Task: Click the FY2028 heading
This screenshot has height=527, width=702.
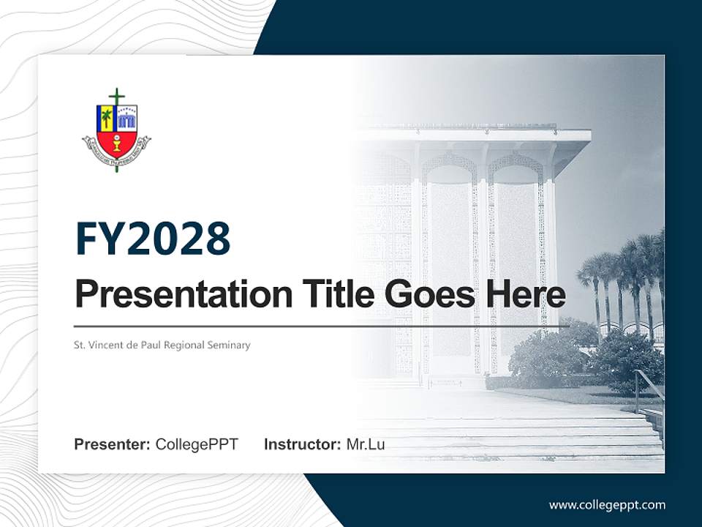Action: pos(153,239)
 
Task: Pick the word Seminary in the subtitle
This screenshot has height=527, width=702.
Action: pos(227,345)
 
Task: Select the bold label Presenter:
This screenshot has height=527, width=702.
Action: pos(113,444)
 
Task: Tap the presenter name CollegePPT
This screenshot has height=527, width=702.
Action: pos(197,444)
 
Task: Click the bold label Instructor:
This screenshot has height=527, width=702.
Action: pos(302,444)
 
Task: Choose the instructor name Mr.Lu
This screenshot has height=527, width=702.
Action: pos(366,444)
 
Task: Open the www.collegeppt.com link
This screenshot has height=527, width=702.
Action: pos(607,505)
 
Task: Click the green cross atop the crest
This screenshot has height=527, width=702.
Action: pos(116,97)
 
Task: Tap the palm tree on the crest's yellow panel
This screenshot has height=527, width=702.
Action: pos(107,117)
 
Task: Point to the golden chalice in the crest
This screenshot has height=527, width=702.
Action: pos(117,143)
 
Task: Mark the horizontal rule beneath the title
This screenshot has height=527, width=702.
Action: pos(322,326)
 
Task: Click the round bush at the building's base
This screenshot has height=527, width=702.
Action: pos(545,359)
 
